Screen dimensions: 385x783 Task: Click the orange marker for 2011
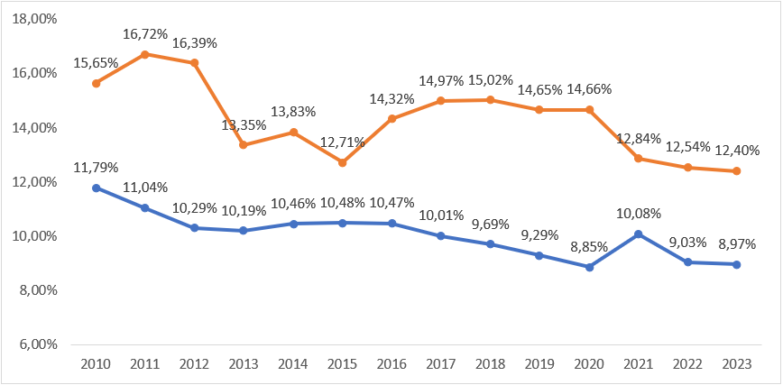click(145, 54)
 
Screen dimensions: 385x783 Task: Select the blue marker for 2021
click(639, 234)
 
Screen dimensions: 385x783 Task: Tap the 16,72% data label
click(145, 34)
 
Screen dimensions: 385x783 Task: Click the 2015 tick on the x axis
click(343, 363)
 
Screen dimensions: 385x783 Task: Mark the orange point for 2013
click(244, 145)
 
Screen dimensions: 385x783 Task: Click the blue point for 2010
click(96, 188)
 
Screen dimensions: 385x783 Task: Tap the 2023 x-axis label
click(738, 363)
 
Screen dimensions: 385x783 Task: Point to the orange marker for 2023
click(738, 171)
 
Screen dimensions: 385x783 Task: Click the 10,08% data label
click(639, 215)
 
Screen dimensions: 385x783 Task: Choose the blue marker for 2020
click(590, 267)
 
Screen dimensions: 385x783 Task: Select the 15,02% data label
click(491, 80)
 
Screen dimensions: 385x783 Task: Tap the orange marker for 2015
click(343, 162)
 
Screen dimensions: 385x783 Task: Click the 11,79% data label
click(96, 168)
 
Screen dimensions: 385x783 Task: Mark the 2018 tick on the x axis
click(491, 363)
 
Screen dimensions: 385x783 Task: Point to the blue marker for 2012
click(195, 228)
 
